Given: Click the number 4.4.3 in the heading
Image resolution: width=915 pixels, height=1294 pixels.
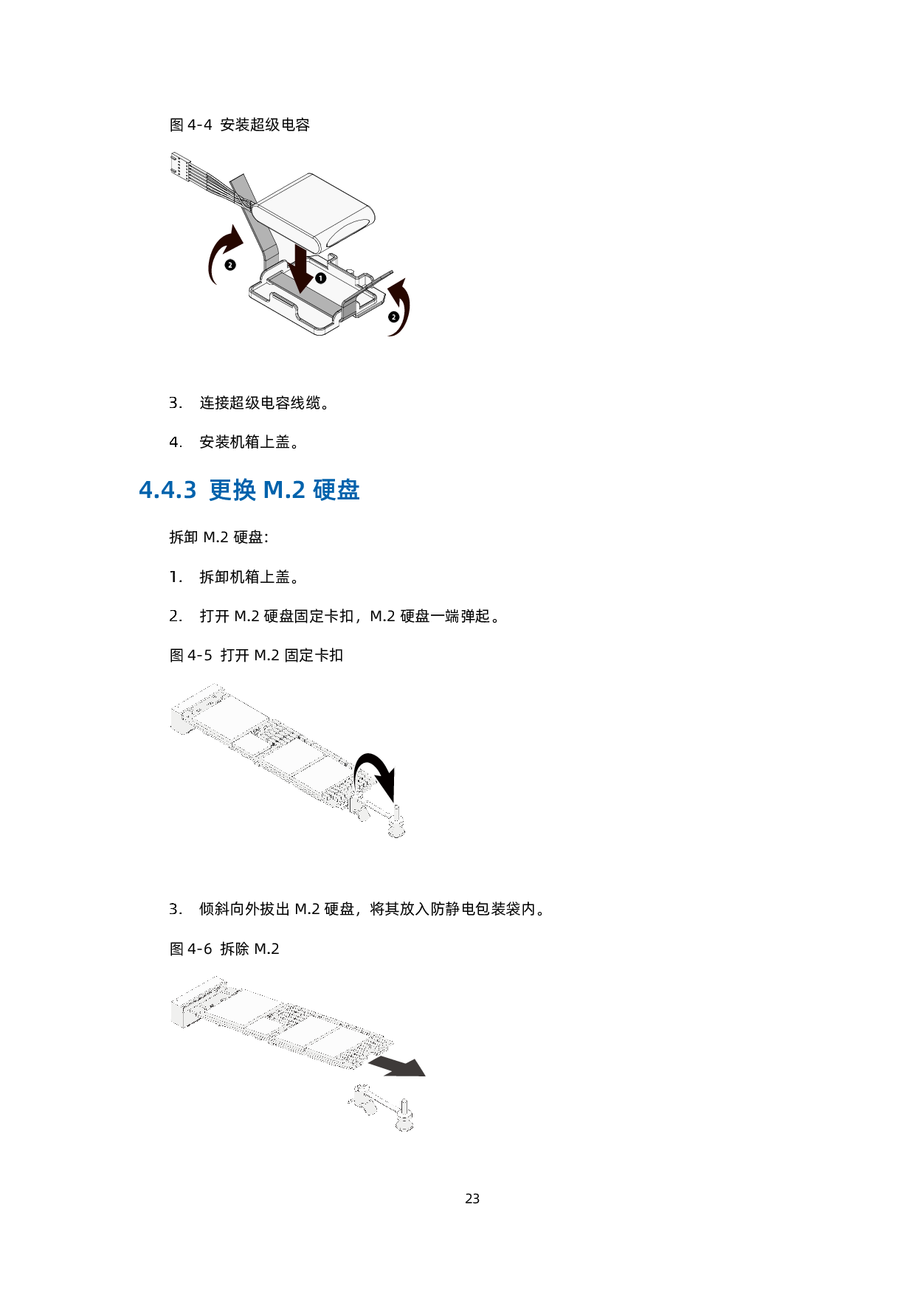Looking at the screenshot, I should click(168, 490).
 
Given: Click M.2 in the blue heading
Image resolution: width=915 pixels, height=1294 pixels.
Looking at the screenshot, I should click(284, 490).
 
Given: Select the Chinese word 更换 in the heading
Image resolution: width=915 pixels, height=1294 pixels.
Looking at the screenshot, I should click(232, 490).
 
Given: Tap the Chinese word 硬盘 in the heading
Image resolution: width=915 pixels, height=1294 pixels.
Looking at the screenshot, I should click(336, 490).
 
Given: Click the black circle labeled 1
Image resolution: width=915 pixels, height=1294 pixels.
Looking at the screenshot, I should click(320, 278).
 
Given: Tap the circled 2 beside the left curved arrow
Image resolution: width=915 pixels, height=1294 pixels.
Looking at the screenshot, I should click(230, 265).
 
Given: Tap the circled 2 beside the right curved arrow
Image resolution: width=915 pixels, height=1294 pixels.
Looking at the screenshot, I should click(393, 317).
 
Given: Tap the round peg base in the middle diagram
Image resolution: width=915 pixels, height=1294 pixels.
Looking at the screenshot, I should click(396, 831).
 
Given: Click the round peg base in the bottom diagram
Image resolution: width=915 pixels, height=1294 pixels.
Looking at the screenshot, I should click(405, 1125).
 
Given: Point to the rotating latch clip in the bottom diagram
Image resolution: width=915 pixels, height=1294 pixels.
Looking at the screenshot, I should click(363, 1098).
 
